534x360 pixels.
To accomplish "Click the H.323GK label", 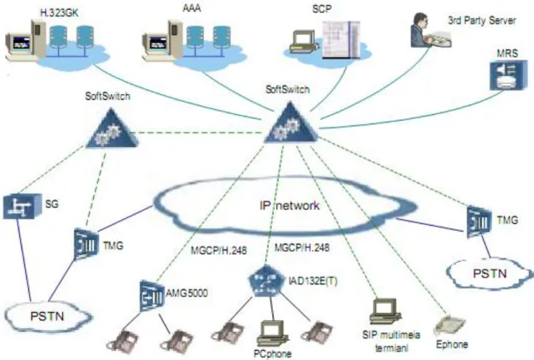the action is (x=60, y=13).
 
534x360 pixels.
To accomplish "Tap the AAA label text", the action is (x=191, y=8).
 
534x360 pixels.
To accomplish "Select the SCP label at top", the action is (x=322, y=9).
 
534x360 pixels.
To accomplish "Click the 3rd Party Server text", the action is (x=482, y=20).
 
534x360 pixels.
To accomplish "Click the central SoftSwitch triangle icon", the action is (x=291, y=123).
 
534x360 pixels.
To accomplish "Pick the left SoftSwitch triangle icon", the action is (x=111, y=128).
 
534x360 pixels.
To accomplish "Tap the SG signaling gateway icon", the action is (x=22, y=206).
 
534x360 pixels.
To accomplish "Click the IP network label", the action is (x=290, y=206).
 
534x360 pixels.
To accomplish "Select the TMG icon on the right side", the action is (x=479, y=222).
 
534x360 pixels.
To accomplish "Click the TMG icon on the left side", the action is (x=86, y=244).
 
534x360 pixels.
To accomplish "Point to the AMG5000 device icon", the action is (x=152, y=295).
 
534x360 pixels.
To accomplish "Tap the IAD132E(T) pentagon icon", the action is (x=266, y=282).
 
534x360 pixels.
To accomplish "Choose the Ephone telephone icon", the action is (x=449, y=326).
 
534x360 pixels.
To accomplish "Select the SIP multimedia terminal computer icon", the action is (x=385, y=311).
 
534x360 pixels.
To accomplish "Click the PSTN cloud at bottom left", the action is (x=48, y=316).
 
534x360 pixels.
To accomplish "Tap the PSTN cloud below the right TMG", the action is (x=489, y=274).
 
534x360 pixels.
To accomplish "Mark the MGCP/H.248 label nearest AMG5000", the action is (x=218, y=251).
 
